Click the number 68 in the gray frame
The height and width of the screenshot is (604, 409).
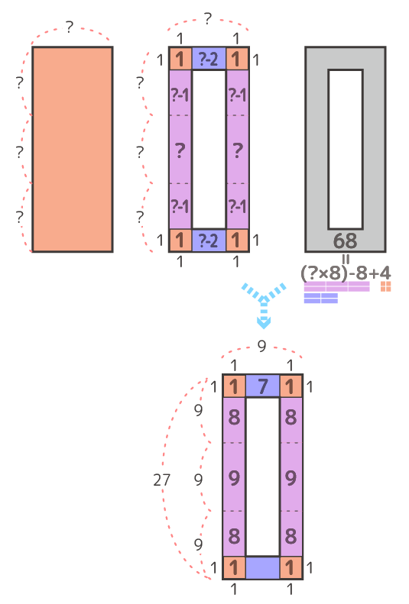(345, 241)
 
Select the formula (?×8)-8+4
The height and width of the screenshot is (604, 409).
(346, 273)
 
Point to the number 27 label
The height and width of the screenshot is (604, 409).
(161, 480)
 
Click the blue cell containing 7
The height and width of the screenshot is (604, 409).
(262, 386)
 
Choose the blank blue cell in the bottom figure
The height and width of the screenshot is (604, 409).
(262, 568)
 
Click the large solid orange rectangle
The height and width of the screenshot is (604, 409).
(73, 150)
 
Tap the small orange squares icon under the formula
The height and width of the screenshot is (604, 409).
(386, 286)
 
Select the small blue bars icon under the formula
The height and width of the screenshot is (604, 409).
(321, 298)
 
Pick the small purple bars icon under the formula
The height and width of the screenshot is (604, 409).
(337, 286)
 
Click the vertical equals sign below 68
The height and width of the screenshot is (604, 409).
(346, 258)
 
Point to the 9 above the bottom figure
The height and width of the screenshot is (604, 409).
(261, 347)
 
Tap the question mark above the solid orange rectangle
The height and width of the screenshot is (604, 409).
(69, 27)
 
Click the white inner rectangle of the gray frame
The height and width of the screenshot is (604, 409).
(346, 150)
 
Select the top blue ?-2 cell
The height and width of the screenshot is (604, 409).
(209, 59)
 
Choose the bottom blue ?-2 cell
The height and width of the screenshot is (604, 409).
(209, 241)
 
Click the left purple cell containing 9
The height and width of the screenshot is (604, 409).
(234, 477)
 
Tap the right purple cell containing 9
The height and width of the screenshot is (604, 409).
(291, 477)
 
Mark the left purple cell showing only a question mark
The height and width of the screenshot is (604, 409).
(180, 150)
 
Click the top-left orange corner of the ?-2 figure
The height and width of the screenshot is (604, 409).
(180, 59)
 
